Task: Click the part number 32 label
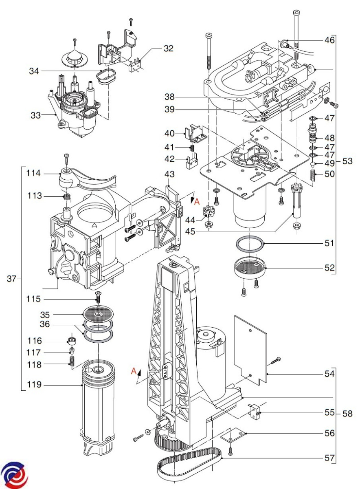pyautogui.click(x=168, y=48)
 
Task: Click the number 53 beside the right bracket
pyautogui.click(x=347, y=161)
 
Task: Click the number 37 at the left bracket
pyautogui.click(x=13, y=279)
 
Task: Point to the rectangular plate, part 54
pyautogui.click(x=250, y=348)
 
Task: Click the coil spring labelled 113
pyautogui.click(x=68, y=197)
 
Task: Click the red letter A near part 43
pyautogui.click(x=197, y=201)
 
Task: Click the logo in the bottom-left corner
pyautogui.click(x=15, y=475)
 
